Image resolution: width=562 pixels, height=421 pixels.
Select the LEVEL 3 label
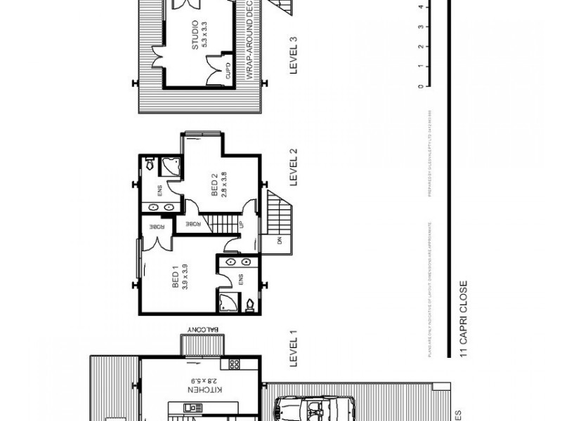pyautogui.click(x=294, y=56)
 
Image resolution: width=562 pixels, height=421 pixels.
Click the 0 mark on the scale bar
pyautogui.click(x=420, y=86)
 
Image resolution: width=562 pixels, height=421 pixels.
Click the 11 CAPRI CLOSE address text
pyautogui.click(x=464, y=320)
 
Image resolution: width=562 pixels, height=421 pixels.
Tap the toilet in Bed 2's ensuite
pyautogui.click(x=149, y=164)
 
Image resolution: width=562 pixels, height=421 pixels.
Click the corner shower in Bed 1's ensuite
pyautogui.click(x=228, y=302)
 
